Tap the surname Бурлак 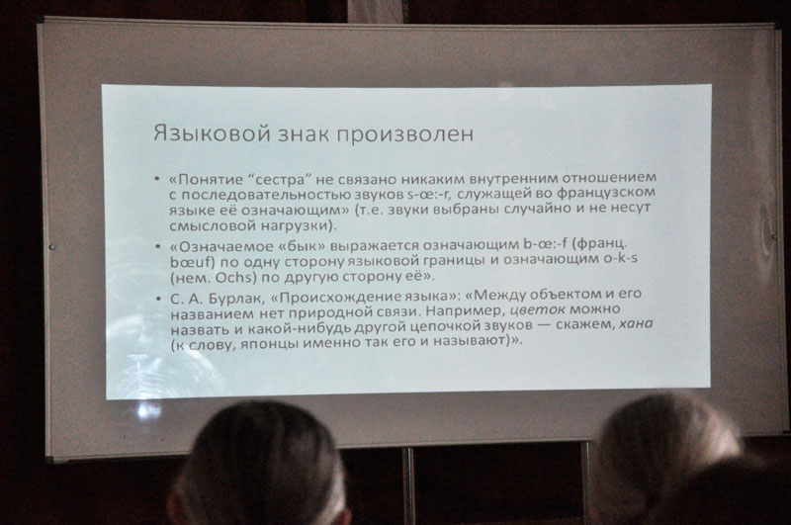click(x=233, y=299)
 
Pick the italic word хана click(x=636, y=323)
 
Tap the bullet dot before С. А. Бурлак click(x=158, y=298)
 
